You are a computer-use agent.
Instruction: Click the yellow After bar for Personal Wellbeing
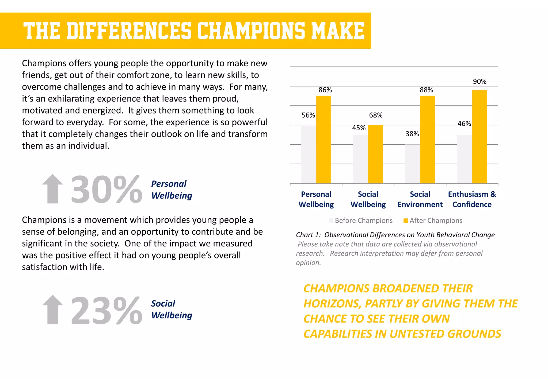click(x=323, y=140)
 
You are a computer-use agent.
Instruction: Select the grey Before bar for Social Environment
click(x=412, y=164)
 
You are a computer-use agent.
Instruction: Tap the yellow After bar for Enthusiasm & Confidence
click(x=479, y=137)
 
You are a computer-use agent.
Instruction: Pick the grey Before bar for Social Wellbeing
click(x=360, y=159)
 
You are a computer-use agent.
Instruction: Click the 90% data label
click(x=479, y=82)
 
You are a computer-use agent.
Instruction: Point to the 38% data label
click(x=412, y=134)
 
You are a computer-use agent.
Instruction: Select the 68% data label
click(x=376, y=115)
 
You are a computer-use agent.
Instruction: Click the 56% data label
click(x=308, y=115)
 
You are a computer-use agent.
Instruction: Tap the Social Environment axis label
click(x=420, y=199)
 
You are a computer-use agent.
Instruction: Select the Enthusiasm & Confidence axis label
click(x=472, y=199)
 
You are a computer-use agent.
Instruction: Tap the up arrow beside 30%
click(x=53, y=189)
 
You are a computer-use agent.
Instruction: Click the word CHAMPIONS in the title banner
click(x=251, y=30)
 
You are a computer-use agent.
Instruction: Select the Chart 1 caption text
click(x=395, y=235)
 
